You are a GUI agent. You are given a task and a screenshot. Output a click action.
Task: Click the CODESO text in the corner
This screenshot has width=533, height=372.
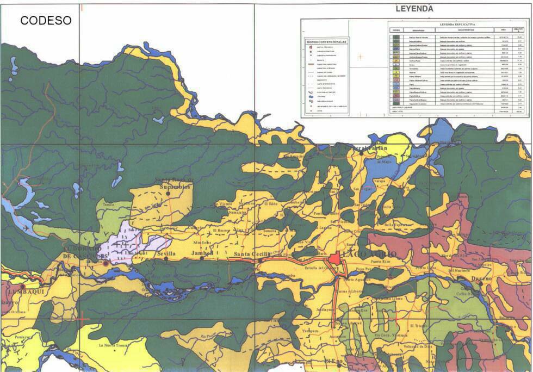[x=46, y=21]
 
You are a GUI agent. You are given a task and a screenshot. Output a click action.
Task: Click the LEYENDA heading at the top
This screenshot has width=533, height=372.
[x=414, y=9]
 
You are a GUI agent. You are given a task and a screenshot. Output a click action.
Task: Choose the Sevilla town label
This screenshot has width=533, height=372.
[x=166, y=254]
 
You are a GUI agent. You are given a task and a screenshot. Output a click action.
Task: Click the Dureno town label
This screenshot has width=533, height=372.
[x=481, y=278]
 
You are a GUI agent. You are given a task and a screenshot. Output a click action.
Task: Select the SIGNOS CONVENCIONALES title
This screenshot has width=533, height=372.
[x=326, y=41]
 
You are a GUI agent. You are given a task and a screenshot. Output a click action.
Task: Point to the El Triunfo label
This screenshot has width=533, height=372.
[x=420, y=325]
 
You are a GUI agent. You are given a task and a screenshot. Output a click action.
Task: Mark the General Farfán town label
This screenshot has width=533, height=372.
[x=368, y=148]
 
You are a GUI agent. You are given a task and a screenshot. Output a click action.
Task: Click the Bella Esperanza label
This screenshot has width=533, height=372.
[x=399, y=225]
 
